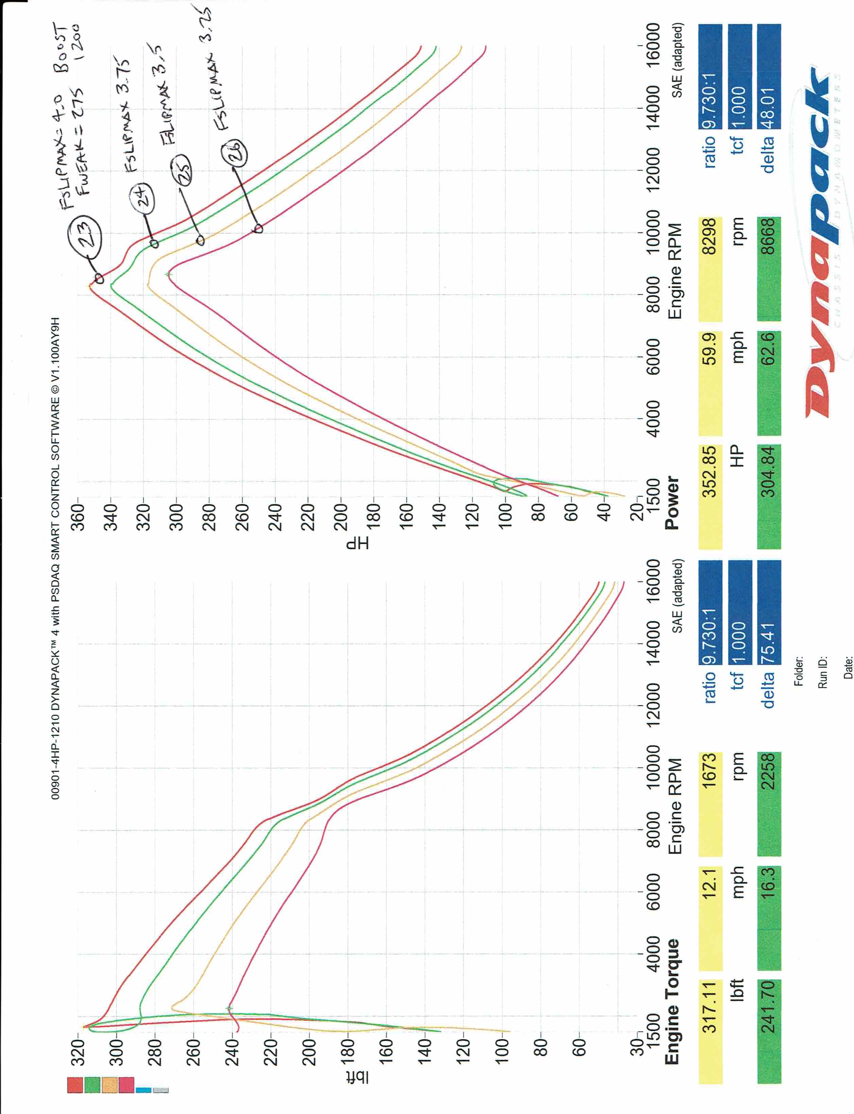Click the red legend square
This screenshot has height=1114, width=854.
click(75, 1085)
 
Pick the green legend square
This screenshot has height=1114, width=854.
click(92, 1085)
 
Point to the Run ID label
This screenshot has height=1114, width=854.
click(822, 672)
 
